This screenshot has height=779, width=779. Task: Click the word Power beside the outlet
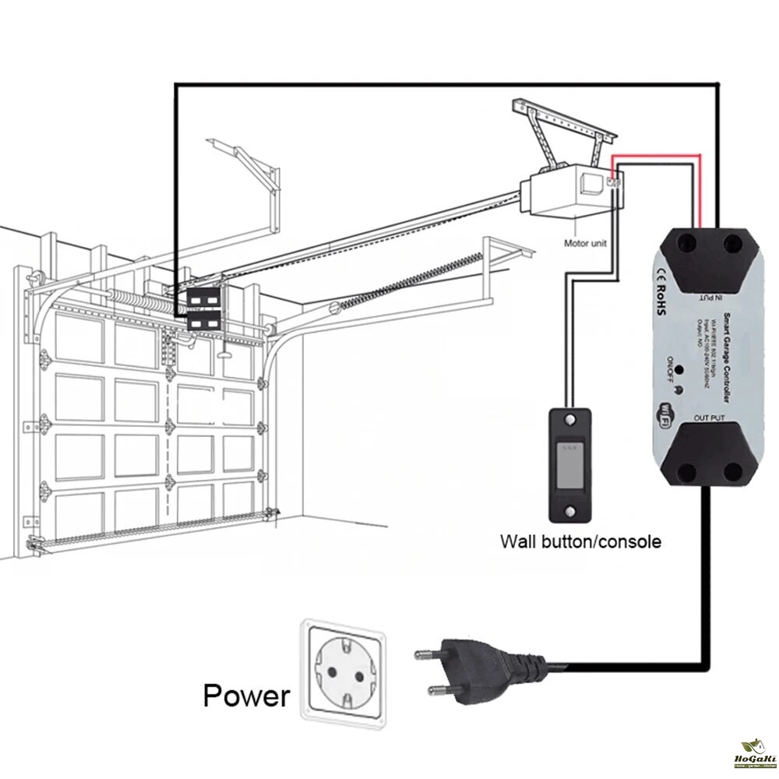coord(246,695)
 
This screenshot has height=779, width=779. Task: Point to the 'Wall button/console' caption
coord(580,541)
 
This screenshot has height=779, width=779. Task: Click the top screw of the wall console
coord(572,421)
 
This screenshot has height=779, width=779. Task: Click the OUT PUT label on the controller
coord(708,419)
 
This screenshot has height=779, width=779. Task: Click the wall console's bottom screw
coord(572,512)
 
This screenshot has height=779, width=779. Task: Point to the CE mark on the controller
coord(659,272)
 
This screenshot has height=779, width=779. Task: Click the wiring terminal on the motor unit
coord(613,183)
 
